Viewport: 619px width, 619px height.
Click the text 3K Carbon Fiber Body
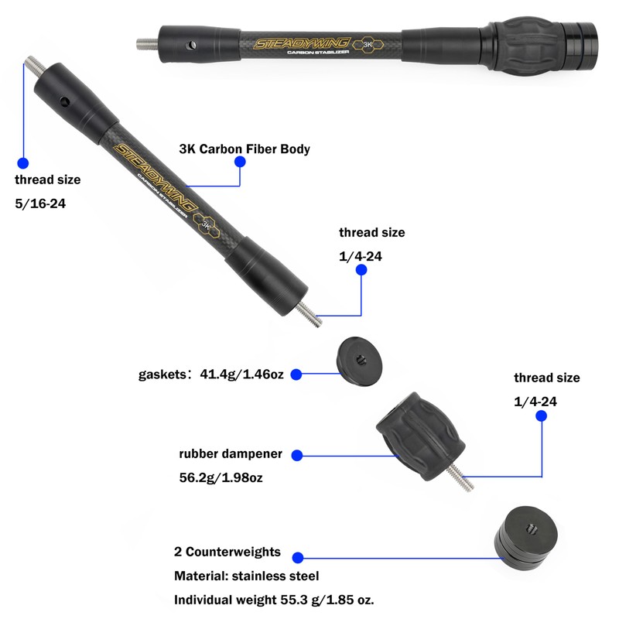coord(244,149)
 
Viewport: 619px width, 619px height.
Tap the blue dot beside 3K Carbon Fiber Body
coord(240,162)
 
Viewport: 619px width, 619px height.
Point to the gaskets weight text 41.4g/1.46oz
coord(243,374)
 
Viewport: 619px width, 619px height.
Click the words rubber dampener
coord(231,454)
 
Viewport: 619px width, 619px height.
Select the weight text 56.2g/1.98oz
coord(221,477)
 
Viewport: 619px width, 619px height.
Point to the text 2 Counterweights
coord(227,553)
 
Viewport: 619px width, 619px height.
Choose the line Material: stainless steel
coord(246,576)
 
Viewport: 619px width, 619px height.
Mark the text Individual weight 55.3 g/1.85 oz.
coord(275,600)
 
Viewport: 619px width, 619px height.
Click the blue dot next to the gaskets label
coord(296,374)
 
